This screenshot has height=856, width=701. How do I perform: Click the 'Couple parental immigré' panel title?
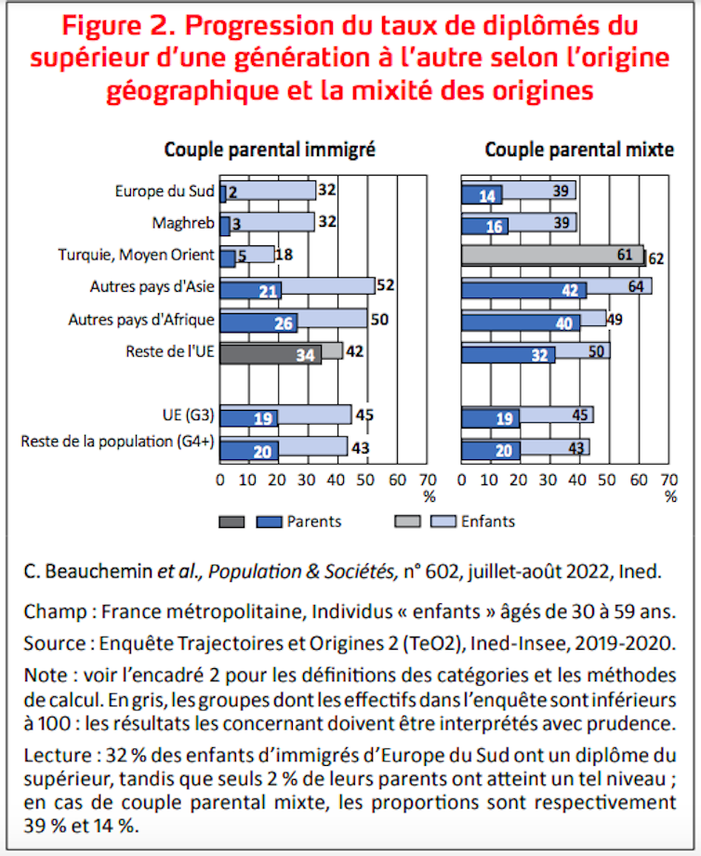click(270, 151)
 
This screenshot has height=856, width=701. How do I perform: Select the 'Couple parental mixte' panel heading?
click(579, 151)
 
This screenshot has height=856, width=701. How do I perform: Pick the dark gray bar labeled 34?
click(271, 353)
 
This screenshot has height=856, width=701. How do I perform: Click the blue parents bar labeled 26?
click(258, 322)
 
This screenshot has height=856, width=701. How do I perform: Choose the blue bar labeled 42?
click(524, 289)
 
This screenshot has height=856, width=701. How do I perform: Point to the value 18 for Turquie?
click(286, 255)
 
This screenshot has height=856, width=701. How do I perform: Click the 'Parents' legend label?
click(313, 521)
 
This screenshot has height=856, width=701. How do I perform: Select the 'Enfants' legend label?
click(487, 521)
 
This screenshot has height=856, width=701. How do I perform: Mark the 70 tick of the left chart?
click(427, 480)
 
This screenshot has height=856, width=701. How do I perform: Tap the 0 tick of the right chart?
click(463, 480)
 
